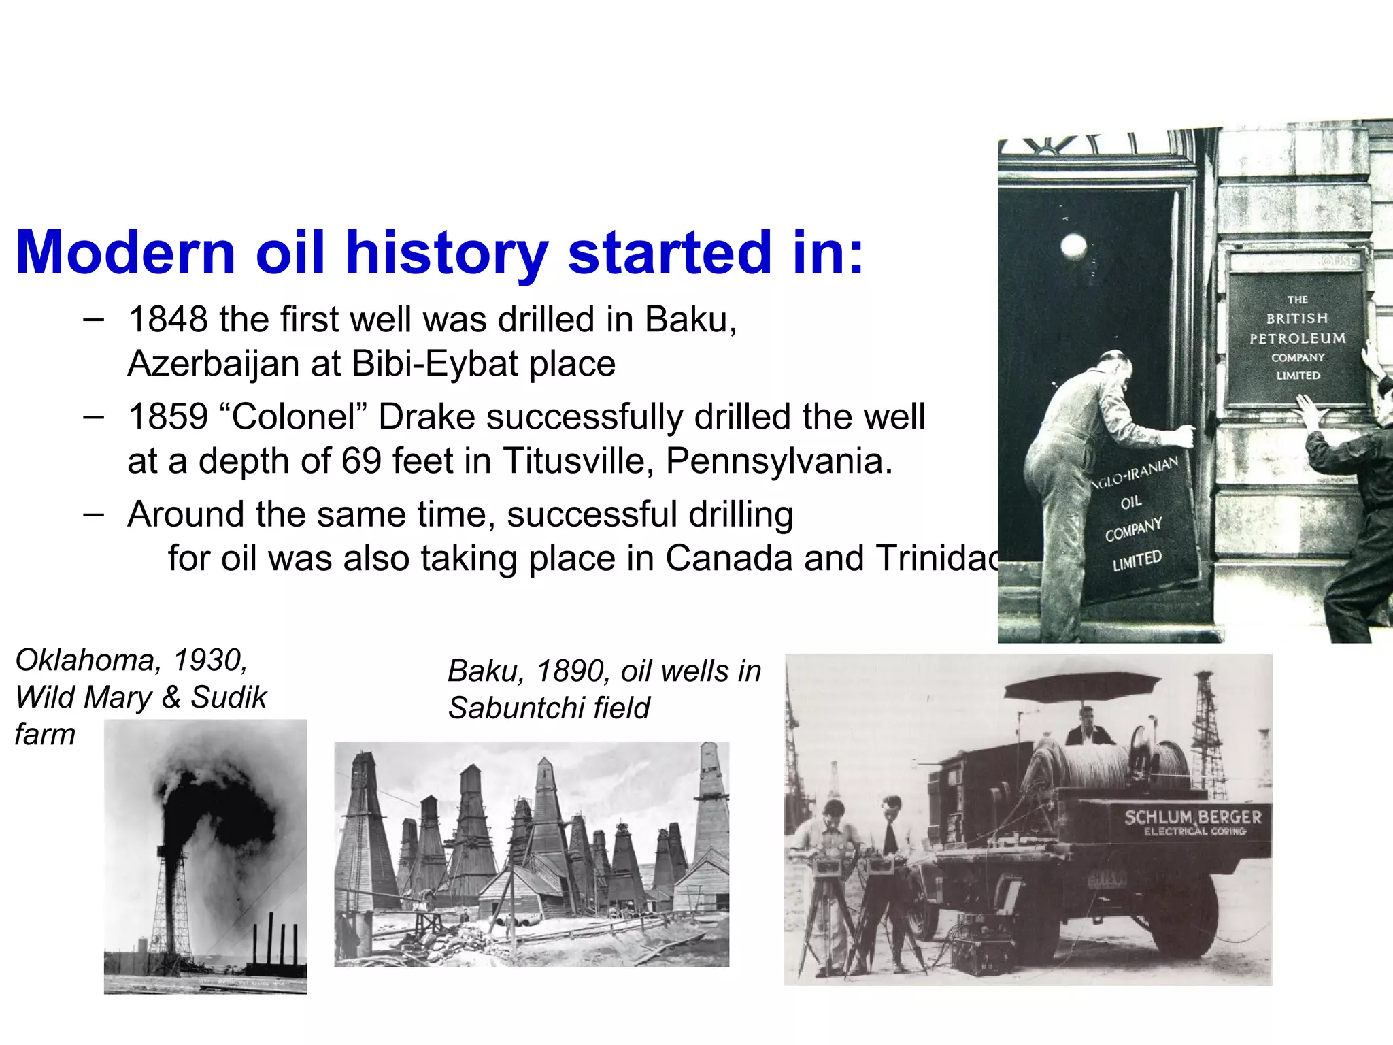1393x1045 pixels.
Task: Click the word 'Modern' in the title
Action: click(x=125, y=252)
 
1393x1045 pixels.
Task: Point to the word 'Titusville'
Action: click(x=577, y=461)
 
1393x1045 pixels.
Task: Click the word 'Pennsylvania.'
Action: click(x=779, y=462)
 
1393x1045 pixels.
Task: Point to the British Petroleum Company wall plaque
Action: click(x=1297, y=337)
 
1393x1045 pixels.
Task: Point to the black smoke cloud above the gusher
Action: click(x=218, y=796)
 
